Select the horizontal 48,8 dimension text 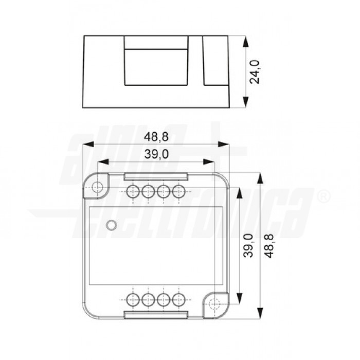(x=156, y=137)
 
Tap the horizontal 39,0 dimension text (x=156, y=155)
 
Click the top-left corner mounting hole (x=96, y=188)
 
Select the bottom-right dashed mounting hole (x=215, y=303)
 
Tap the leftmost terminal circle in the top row (x=133, y=192)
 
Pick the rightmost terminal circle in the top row (x=178, y=192)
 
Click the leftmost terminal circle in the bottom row (x=133, y=299)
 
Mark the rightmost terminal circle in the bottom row (x=178, y=299)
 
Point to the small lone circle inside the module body (x=110, y=225)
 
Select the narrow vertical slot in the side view (x=210, y=61)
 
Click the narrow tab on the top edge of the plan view (x=156, y=176)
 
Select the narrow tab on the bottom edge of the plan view (x=156, y=314)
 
